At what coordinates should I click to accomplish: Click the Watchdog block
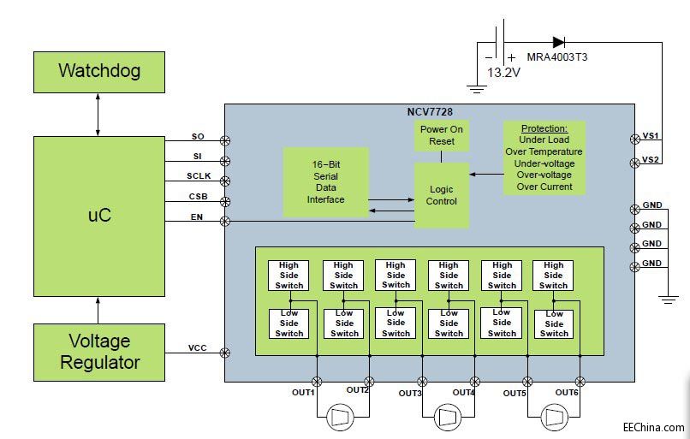[98, 71]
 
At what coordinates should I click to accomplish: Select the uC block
[98, 216]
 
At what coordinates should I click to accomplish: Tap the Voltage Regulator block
[98, 351]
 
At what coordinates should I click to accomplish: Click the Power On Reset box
[442, 135]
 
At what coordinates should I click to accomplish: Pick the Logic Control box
[442, 195]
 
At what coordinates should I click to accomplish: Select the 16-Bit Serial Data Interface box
[325, 181]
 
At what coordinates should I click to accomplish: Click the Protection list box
[544, 157]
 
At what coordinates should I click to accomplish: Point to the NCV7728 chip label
[430, 113]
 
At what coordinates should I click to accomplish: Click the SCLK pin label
[199, 176]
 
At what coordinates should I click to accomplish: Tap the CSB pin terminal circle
[226, 202]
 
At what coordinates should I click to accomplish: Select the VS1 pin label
[651, 136]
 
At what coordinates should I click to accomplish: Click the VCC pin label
[199, 348]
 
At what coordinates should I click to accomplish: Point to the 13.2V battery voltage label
[503, 73]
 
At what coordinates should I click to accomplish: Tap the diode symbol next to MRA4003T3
[558, 41]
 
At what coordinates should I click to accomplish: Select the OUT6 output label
[567, 393]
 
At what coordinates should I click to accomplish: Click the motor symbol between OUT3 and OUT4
[447, 418]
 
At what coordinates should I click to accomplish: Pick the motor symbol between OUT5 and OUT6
[553, 418]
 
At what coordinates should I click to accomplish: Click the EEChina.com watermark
[653, 427]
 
